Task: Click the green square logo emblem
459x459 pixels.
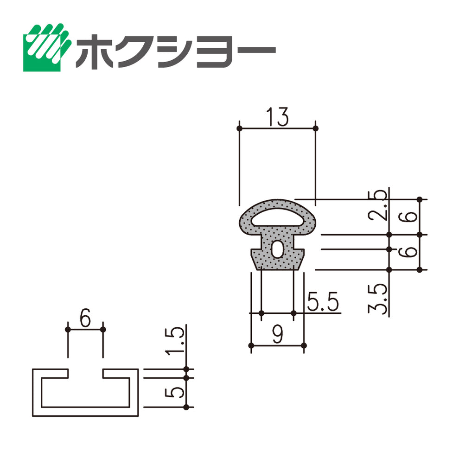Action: click(47, 47)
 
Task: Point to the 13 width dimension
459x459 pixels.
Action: click(277, 117)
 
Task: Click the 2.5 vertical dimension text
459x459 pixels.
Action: click(377, 205)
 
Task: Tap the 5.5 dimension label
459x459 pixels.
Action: click(323, 301)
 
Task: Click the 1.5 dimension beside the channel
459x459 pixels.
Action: click(175, 342)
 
